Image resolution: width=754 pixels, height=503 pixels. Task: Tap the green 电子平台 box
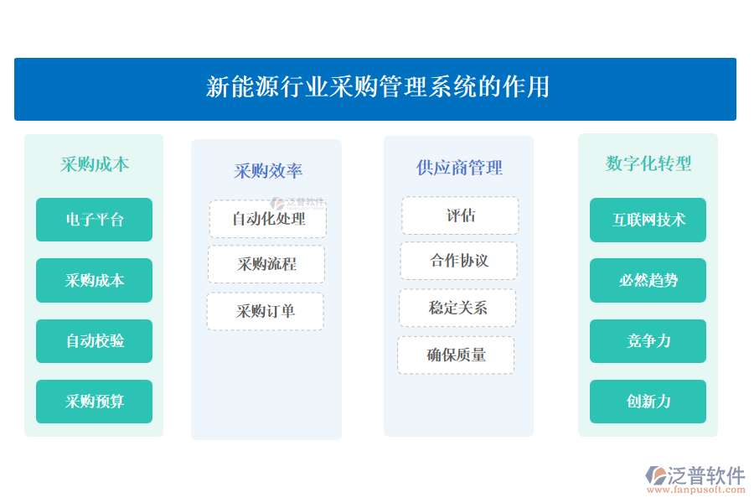(94, 220)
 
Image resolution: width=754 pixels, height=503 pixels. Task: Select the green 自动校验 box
(94, 341)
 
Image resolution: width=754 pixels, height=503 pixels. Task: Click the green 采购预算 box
(94, 402)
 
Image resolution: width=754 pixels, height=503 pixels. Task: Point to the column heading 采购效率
(267, 171)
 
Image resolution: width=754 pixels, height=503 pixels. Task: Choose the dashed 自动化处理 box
(267, 219)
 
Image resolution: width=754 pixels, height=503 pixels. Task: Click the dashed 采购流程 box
(266, 264)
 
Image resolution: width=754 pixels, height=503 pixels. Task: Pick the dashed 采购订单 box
(266, 311)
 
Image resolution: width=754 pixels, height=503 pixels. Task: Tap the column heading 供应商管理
(459, 168)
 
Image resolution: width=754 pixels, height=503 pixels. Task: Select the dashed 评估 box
(460, 215)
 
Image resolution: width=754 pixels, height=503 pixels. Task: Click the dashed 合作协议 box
(459, 261)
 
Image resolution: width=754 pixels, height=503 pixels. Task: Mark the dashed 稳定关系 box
(457, 308)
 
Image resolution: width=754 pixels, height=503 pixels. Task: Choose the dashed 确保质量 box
(456, 355)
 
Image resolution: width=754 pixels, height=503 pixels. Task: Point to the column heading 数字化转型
(648, 163)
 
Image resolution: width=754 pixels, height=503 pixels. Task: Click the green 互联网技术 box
(648, 220)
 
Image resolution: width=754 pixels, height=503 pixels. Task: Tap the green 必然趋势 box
(648, 280)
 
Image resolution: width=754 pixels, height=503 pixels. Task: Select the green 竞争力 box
(648, 341)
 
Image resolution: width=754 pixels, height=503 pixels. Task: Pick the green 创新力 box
(648, 402)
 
